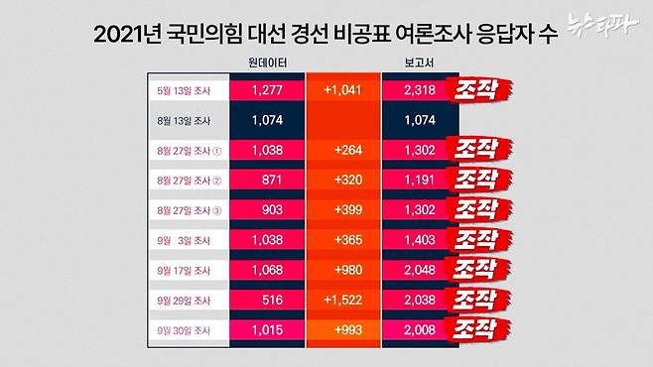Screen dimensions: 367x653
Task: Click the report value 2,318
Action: pyautogui.click(x=421, y=89)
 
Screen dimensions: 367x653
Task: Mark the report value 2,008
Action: pyautogui.click(x=421, y=326)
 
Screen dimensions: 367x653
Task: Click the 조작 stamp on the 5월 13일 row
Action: pyautogui.click(x=482, y=89)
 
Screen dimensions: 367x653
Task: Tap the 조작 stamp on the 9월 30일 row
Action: pyautogui.click(x=482, y=326)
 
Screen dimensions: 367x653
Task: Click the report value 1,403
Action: pyautogui.click(x=421, y=239)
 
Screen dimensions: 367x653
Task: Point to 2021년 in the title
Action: pyautogui.click(x=127, y=35)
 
